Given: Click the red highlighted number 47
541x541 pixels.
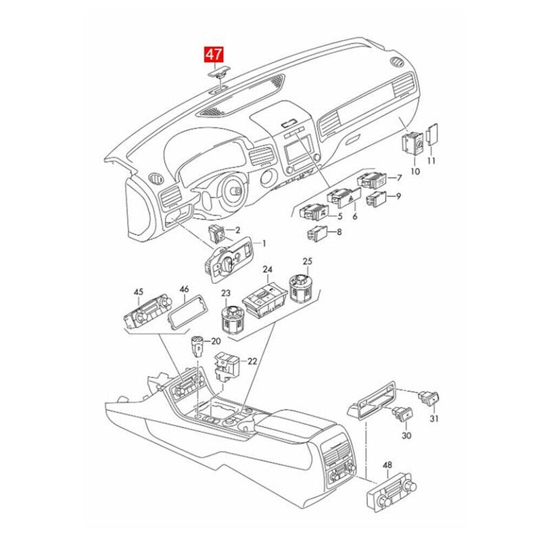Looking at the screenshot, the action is [214, 55].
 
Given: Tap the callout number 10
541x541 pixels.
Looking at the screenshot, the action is [415, 171].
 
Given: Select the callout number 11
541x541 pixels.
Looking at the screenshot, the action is [431, 161].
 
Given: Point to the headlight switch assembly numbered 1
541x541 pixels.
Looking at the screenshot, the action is [229, 260].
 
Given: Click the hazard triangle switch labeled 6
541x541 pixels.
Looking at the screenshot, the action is [344, 198].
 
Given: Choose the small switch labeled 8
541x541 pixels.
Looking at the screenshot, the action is [316, 233].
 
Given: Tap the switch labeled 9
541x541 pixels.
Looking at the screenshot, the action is [376, 199].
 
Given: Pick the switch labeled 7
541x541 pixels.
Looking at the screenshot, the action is [372, 181].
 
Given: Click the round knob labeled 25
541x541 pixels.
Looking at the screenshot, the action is [301, 288].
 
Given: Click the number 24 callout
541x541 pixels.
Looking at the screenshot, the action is [267, 269].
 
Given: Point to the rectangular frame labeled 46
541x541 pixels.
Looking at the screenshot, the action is [188, 312].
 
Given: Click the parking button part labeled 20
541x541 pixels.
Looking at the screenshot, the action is [197, 346].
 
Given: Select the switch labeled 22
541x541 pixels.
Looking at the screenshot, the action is [227, 367].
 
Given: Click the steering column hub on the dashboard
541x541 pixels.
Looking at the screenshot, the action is [235, 191].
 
